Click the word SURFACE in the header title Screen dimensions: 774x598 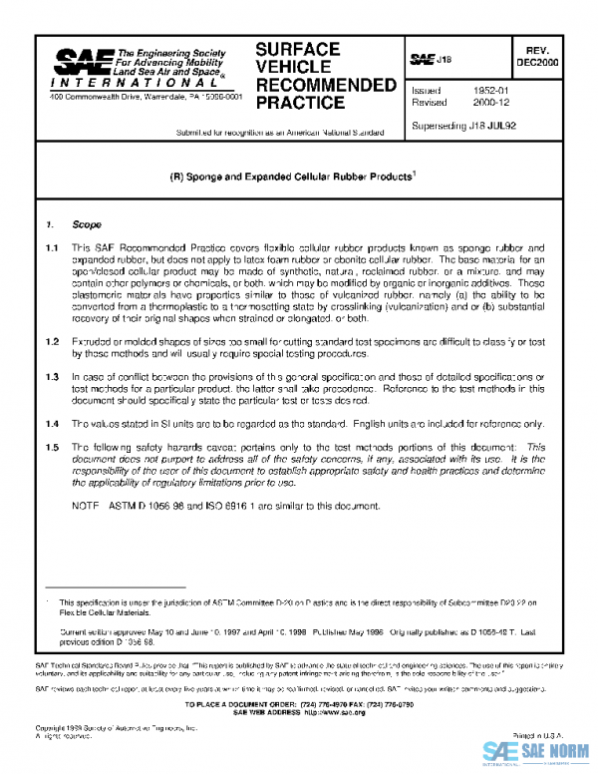click(x=297, y=49)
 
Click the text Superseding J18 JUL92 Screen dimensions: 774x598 click(x=462, y=126)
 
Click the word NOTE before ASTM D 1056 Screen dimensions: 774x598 click(x=86, y=507)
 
